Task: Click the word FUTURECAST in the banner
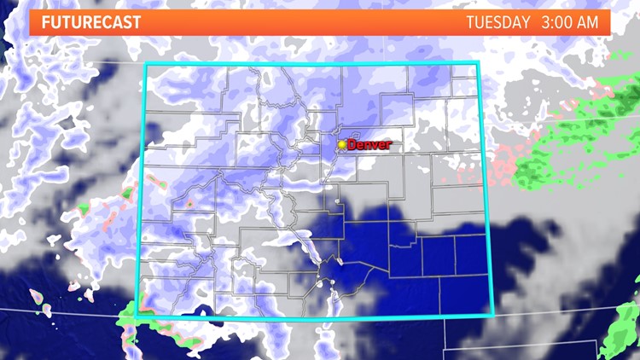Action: (x=90, y=22)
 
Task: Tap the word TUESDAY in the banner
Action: (x=498, y=22)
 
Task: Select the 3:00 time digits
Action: (x=556, y=22)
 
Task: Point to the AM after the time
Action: (x=587, y=22)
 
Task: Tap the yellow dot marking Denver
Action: (x=342, y=145)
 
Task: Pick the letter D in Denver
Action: (x=352, y=145)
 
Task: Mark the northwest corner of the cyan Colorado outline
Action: (x=146, y=64)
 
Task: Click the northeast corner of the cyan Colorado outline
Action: (x=479, y=63)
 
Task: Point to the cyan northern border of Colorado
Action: (x=312, y=63)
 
